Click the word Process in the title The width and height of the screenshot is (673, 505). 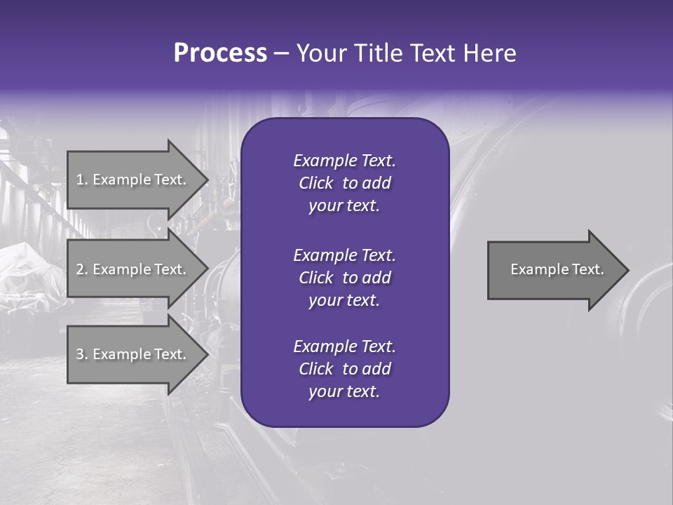click(x=220, y=53)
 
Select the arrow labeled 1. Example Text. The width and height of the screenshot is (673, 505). click(x=133, y=180)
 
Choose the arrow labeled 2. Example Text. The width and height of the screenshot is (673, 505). click(x=133, y=269)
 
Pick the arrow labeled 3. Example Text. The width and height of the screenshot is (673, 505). click(x=133, y=354)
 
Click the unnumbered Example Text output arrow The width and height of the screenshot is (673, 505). click(x=554, y=269)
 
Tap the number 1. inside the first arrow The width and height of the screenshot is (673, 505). click(x=82, y=180)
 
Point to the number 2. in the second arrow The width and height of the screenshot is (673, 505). click(x=82, y=269)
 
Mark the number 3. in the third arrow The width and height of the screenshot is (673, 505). click(x=82, y=354)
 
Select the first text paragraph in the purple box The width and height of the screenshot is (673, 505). click(x=344, y=183)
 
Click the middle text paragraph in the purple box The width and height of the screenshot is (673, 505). click(x=344, y=278)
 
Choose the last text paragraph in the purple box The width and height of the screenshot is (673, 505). click(x=344, y=369)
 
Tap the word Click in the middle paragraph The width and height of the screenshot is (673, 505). click(x=315, y=278)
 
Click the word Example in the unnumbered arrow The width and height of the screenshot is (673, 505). click(x=534, y=269)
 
